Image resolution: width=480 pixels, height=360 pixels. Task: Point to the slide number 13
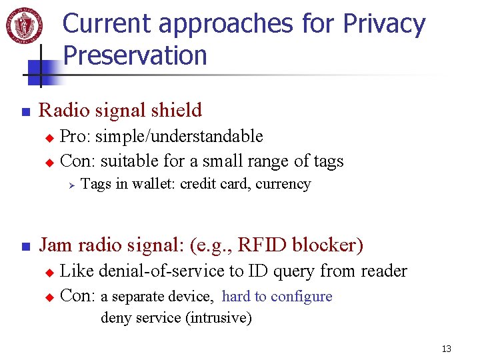446,349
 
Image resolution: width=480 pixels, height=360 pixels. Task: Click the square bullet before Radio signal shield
25,111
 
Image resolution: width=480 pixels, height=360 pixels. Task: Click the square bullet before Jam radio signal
25,247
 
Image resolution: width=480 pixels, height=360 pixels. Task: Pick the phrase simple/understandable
179,137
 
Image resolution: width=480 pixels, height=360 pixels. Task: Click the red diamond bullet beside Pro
47,138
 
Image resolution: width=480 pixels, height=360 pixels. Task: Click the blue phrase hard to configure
277,297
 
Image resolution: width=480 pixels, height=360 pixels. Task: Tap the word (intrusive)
220,318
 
